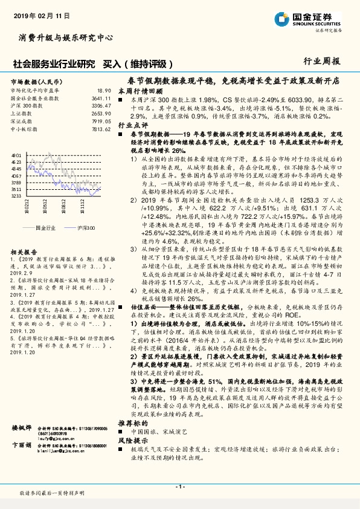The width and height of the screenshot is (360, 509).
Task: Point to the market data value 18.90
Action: coord(104,89)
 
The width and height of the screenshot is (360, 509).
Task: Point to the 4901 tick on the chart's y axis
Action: coord(16,156)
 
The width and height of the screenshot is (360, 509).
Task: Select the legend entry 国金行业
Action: coord(46,228)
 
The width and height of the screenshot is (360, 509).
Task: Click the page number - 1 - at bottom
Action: coord(179,487)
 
